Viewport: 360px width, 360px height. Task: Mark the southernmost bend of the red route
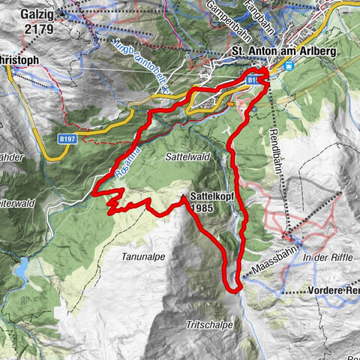coord(233,288)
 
